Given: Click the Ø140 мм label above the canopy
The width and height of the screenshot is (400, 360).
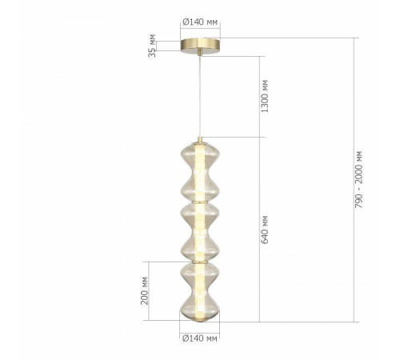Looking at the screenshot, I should coord(200,25).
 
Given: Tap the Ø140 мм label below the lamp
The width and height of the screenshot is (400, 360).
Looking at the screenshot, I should coord(200,339).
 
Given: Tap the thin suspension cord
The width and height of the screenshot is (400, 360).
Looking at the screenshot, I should coord(200,96).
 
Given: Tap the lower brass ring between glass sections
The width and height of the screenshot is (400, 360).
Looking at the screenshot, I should coord(200,261).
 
